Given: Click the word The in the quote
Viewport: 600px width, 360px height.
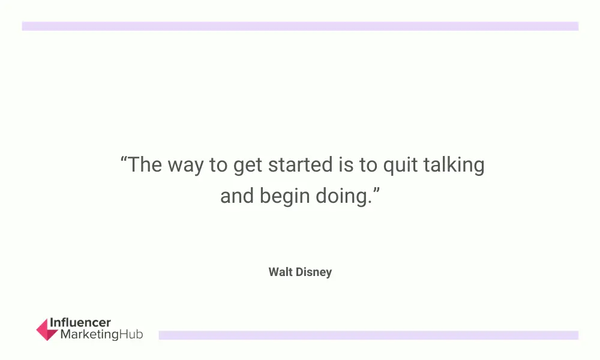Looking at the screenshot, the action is (x=145, y=165).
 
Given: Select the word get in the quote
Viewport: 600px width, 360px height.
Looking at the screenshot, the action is (x=248, y=166).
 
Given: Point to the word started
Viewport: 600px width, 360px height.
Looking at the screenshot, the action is (x=301, y=165).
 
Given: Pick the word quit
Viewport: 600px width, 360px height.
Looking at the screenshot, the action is (x=400, y=166).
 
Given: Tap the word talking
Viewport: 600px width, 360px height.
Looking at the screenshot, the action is (x=454, y=166).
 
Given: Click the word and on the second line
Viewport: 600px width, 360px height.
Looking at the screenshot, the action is (x=237, y=196).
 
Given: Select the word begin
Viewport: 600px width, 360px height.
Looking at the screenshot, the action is (x=284, y=197).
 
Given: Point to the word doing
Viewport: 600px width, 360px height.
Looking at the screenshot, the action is (x=341, y=197).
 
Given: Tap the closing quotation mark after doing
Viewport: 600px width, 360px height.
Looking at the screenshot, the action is (x=376, y=190).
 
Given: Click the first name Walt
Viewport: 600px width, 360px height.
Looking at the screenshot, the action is (x=280, y=272).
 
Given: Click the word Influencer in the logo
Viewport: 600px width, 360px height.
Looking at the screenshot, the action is (x=80, y=323).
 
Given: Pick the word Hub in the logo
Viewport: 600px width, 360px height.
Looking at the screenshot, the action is (x=131, y=334).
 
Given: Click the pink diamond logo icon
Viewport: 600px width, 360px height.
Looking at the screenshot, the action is (x=47, y=329).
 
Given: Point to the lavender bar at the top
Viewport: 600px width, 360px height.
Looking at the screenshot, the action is (x=300, y=26).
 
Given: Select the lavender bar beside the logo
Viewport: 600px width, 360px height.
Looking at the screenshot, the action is (x=368, y=335).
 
